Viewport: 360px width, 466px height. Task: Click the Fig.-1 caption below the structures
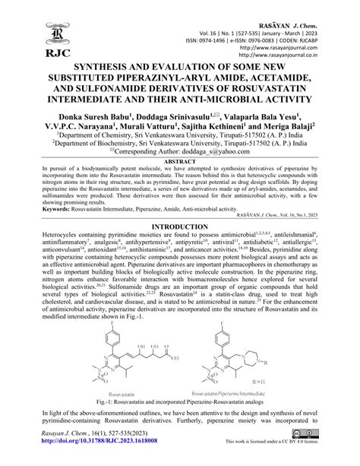pyautogui.click(x=179, y=402)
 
